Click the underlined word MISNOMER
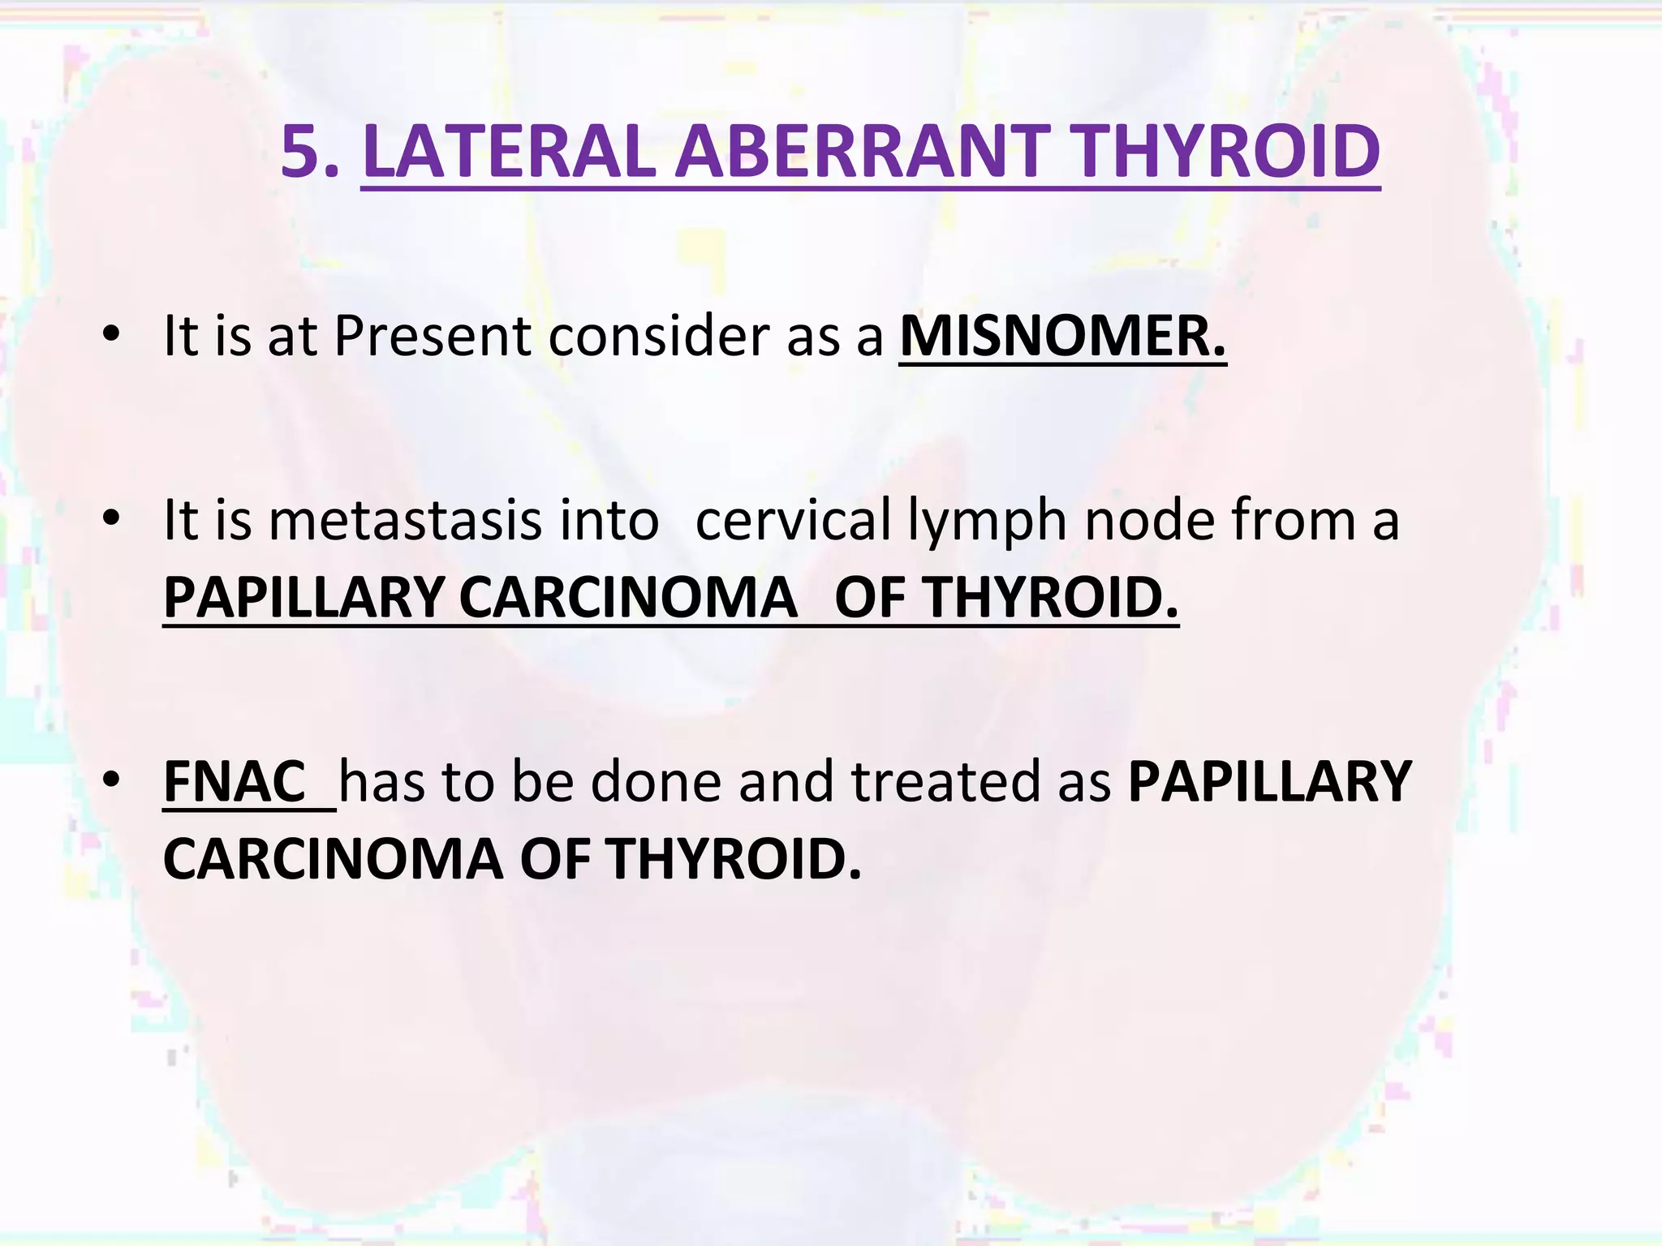(1062, 336)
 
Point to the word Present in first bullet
(432, 336)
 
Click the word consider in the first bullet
(658, 336)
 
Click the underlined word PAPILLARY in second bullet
(303, 598)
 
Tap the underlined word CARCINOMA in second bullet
(628, 598)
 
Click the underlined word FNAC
(235, 782)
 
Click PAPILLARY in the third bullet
(1270, 782)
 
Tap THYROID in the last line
(731, 860)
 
